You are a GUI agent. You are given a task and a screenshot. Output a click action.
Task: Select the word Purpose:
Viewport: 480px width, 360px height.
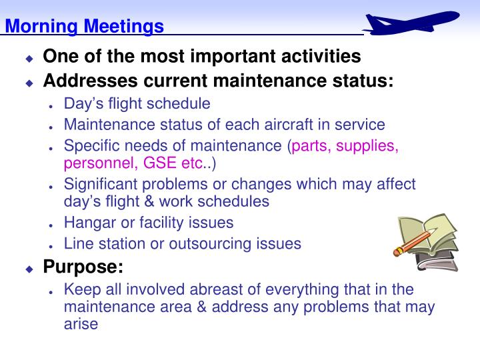tap(83, 267)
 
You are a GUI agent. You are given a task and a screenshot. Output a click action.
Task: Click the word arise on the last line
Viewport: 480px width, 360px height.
tap(81, 324)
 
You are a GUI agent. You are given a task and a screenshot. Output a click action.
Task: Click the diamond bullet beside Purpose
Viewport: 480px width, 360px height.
tap(29, 269)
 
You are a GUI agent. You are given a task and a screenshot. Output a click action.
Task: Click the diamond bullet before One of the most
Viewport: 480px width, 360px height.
tap(29, 58)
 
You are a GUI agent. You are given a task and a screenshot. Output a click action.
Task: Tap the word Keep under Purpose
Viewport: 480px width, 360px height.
tap(80, 289)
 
